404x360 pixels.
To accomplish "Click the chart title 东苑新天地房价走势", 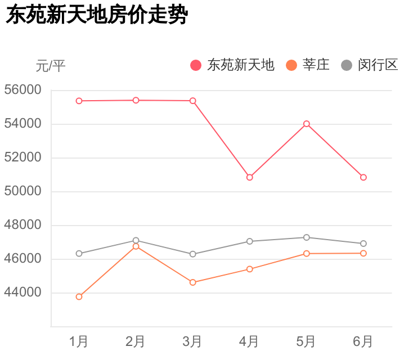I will [96, 15].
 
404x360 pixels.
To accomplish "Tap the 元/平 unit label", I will [51, 66].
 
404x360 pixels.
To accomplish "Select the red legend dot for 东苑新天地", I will [196, 65].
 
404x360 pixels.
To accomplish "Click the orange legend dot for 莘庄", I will [291, 65].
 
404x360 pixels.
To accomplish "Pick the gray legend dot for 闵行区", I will [347, 65].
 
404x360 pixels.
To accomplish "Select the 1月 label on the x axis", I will [79, 341].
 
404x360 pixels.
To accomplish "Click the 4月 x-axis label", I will [249, 341].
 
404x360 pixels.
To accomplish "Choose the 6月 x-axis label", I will [363, 341].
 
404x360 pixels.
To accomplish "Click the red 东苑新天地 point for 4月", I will [250, 177].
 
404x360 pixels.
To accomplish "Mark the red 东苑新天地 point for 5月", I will [307, 124].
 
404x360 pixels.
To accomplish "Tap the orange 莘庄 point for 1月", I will [79, 296].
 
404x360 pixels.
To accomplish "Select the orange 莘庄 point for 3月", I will [193, 282].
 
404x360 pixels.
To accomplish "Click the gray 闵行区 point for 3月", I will [193, 254].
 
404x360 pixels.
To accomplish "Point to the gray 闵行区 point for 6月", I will [363, 244].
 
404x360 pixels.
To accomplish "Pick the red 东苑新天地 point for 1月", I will [79, 101].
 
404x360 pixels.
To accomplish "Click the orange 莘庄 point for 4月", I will [250, 269].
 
